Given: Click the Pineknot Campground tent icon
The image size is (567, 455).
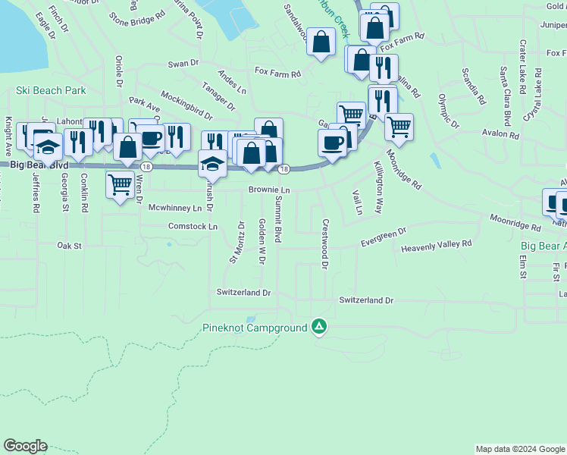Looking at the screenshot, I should [x=320, y=327].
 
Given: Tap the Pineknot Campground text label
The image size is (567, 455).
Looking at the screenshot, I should [x=255, y=328].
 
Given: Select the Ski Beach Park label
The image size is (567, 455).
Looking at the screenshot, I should [x=51, y=90].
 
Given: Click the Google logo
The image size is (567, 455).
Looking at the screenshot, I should [x=25, y=446].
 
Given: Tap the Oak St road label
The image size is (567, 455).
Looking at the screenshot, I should [x=69, y=246].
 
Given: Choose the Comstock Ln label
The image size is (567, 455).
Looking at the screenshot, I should [x=193, y=226].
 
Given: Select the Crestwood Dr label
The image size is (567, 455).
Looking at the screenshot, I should [x=324, y=244].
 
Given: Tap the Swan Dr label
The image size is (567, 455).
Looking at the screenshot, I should [x=183, y=64].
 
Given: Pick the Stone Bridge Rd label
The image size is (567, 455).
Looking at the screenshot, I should [x=136, y=14].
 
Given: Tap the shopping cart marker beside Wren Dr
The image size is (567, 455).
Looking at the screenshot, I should [x=120, y=183].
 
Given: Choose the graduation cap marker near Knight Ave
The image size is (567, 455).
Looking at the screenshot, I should [x=48, y=146].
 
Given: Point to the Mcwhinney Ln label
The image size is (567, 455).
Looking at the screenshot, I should [x=175, y=207].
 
